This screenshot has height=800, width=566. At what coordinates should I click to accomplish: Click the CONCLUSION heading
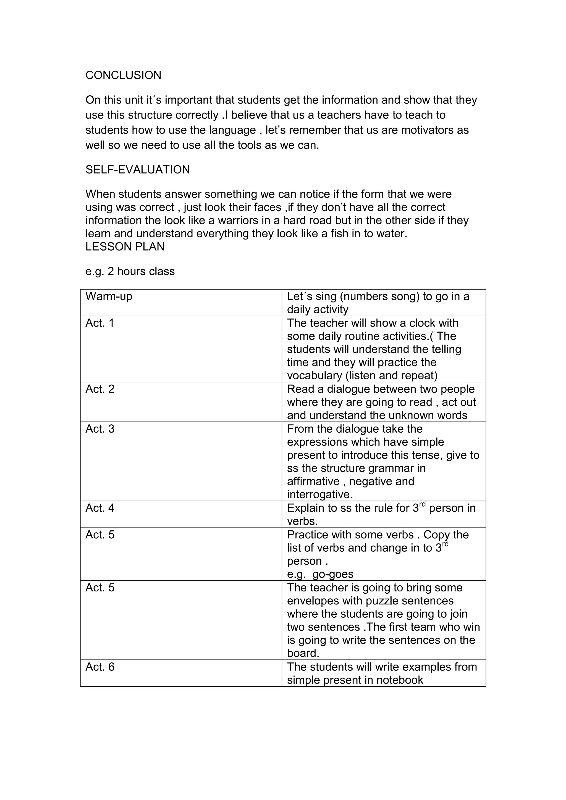(x=123, y=75)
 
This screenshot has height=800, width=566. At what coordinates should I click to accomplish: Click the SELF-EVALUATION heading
(x=138, y=170)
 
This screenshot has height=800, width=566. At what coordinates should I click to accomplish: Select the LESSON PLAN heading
(x=125, y=247)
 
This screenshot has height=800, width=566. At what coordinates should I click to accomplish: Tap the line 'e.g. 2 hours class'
(x=130, y=272)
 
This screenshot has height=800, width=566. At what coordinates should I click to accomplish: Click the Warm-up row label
(x=109, y=296)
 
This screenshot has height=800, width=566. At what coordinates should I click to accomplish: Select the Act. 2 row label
(x=100, y=389)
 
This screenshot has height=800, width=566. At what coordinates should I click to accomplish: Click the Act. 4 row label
(x=100, y=508)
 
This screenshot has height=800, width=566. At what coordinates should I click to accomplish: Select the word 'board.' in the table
(x=303, y=653)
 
